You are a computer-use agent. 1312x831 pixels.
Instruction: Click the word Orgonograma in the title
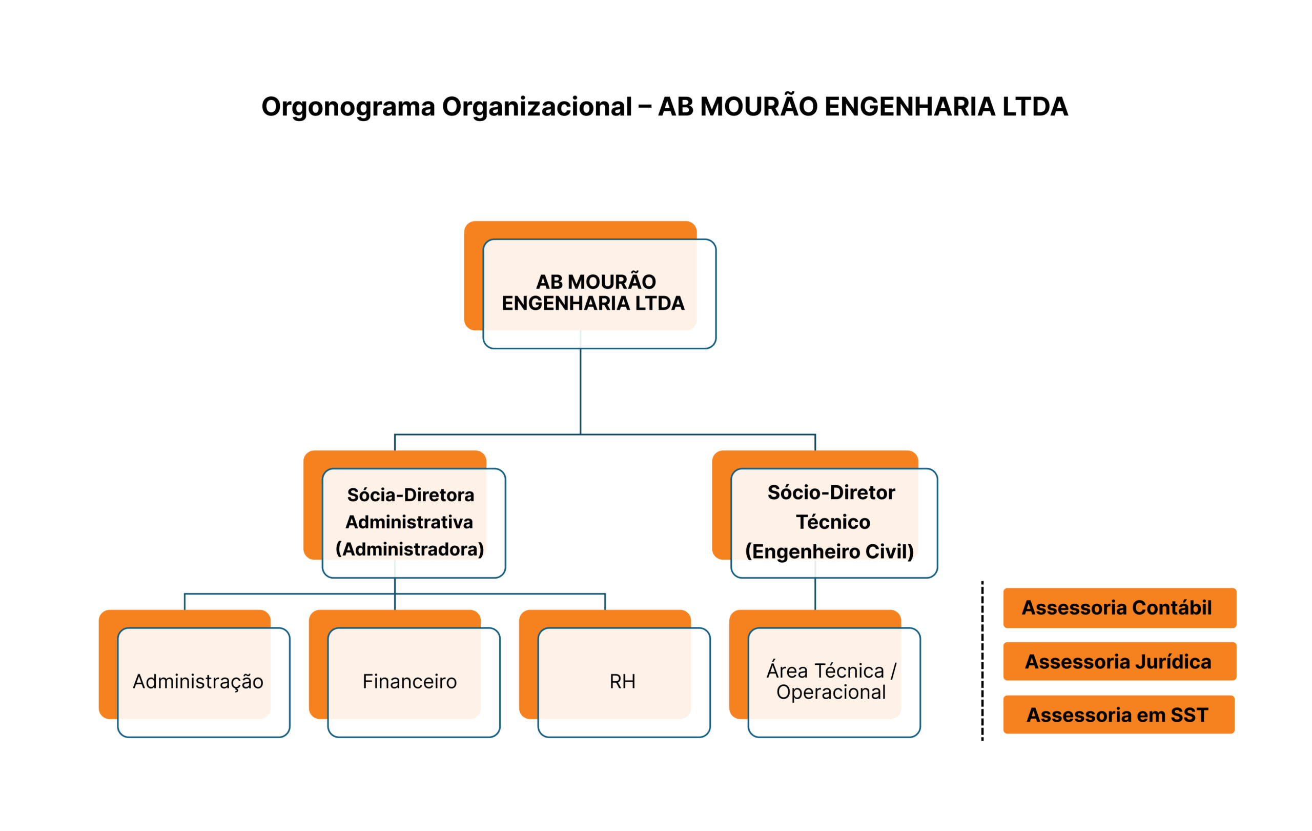(x=347, y=107)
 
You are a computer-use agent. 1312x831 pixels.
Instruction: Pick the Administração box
(x=198, y=682)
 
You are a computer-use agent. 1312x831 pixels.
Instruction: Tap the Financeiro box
(x=409, y=682)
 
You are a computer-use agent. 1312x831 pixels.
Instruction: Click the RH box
(x=622, y=682)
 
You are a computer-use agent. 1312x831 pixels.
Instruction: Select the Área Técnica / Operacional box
(x=831, y=682)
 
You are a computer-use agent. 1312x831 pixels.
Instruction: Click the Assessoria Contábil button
(x=1119, y=608)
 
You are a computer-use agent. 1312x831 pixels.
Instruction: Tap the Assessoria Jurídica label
(x=1119, y=661)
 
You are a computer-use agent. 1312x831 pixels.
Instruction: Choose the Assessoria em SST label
(x=1118, y=715)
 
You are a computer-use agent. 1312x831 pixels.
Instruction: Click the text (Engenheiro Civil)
(x=829, y=551)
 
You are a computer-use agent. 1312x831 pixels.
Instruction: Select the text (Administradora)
(x=409, y=549)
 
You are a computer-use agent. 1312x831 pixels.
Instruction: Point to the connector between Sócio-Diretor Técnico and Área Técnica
(x=815, y=594)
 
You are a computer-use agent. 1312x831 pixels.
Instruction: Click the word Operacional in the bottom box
(x=831, y=692)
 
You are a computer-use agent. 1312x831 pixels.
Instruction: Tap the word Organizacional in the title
(x=537, y=107)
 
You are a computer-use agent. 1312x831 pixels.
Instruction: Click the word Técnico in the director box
(x=833, y=522)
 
